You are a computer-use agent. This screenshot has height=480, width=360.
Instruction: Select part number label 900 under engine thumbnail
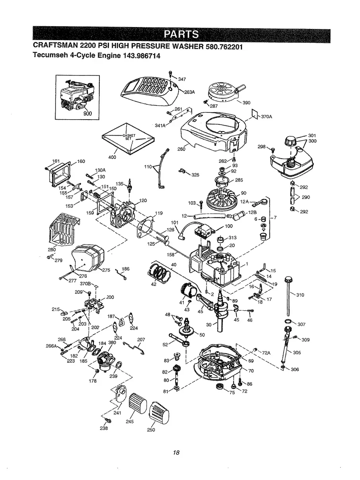point(87,113)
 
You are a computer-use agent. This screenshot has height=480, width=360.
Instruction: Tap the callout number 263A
point(189,92)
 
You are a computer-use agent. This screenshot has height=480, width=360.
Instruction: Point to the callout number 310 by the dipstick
point(300,295)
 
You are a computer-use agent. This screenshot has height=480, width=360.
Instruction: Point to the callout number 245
point(129,422)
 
